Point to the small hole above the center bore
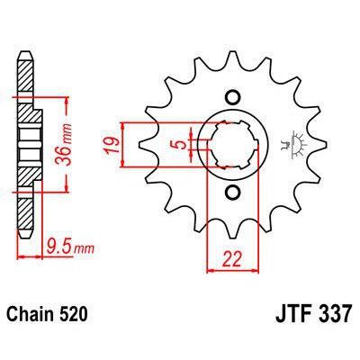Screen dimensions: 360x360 coord(231,97)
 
